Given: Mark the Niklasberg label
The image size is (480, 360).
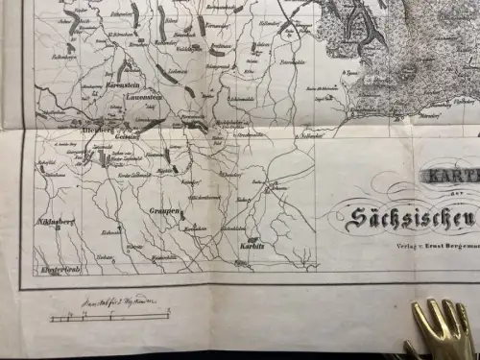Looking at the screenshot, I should point(55,221).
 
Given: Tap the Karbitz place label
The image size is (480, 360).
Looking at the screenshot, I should point(252,248).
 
